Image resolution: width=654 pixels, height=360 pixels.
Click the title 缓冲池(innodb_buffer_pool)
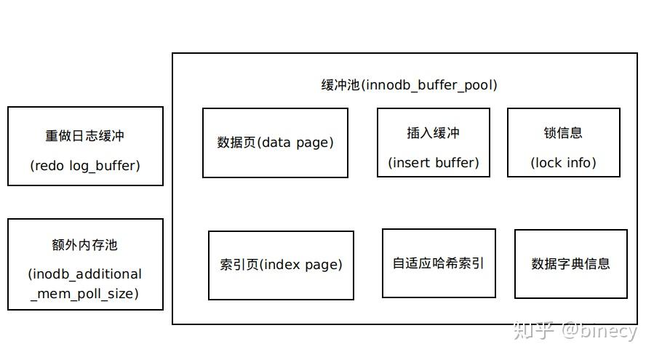(409, 85)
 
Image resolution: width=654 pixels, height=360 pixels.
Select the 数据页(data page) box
(275, 143)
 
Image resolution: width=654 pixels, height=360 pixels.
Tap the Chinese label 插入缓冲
(433, 133)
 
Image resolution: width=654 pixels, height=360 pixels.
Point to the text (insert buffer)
(433, 163)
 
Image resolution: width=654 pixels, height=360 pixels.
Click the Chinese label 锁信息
(563, 133)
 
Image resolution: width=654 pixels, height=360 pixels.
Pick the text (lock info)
(563, 163)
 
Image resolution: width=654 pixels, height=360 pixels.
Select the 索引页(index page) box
(281, 265)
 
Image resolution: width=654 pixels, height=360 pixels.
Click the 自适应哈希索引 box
(439, 263)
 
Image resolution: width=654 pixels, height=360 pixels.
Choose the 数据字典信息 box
(570, 263)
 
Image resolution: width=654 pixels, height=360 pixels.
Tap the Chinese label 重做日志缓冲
(85, 136)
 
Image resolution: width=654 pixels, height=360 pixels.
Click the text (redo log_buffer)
(85, 166)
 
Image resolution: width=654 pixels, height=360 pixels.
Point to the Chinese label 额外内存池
(85, 245)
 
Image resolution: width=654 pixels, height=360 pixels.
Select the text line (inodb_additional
(85, 274)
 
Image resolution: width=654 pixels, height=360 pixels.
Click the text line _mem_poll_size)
(85, 294)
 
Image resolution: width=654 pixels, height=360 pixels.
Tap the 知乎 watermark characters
(533, 331)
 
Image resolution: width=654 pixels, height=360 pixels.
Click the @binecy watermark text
(598, 331)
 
